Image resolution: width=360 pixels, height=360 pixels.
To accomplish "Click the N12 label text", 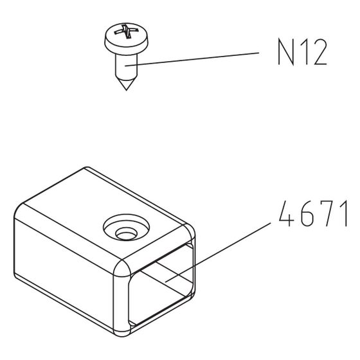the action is click(302, 52).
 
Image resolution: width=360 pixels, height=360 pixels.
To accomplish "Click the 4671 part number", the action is click(313, 213).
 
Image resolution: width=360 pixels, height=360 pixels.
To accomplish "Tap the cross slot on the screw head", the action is click(127, 31).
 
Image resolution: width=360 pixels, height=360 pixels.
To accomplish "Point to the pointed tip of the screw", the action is click(126, 90).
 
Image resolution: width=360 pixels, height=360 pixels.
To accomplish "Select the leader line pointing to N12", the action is click(192, 59).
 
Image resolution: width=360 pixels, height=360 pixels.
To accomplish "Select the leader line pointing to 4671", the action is click(218, 252).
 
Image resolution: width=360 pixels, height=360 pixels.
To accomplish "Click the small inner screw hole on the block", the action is click(126, 234).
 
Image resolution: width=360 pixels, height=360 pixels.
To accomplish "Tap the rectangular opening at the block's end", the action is click(161, 285).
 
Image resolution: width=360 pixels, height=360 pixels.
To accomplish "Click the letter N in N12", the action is click(286, 52).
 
